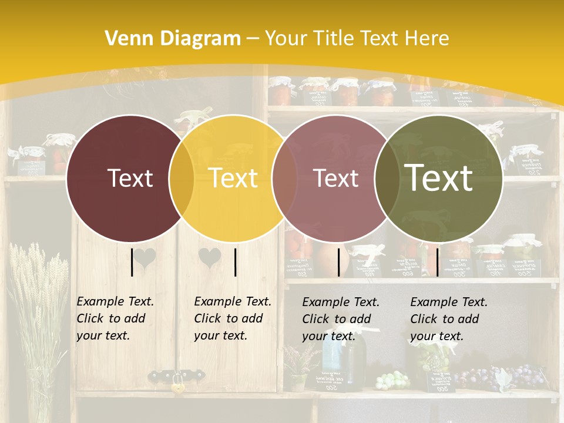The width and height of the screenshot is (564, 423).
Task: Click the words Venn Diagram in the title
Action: [173, 39]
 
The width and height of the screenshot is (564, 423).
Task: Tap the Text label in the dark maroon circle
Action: [130, 178]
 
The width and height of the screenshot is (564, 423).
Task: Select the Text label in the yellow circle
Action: [233, 178]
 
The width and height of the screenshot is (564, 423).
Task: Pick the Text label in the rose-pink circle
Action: [336, 178]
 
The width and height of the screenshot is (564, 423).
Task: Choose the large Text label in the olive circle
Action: [439, 178]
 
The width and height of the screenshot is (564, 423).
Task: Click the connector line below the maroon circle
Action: [132, 262]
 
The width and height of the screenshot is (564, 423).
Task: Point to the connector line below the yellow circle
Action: [235, 262]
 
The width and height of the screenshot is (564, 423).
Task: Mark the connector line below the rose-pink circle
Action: [339, 262]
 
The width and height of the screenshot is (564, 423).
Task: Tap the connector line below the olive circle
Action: [437, 262]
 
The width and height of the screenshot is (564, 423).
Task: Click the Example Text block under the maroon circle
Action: [115, 318]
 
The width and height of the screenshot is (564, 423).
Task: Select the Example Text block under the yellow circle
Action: [233, 318]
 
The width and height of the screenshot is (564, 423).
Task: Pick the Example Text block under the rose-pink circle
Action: [341, 319]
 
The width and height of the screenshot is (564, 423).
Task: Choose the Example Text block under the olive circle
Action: [449, 319]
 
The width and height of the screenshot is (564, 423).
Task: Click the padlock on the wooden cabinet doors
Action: [176, 386]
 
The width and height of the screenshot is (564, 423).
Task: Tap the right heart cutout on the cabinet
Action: [209, 257]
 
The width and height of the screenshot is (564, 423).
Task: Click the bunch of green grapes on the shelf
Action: [392, 380]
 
